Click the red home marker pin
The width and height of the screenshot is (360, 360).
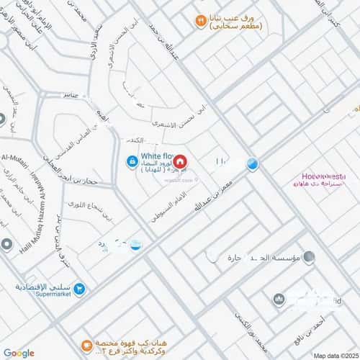pos(180,162)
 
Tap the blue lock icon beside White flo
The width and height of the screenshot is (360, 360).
pos(132,162)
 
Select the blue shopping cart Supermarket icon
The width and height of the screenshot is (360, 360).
pos(81,288)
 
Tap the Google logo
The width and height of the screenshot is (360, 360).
pos(18,352)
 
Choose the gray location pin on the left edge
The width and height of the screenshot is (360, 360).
pos(6,246)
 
